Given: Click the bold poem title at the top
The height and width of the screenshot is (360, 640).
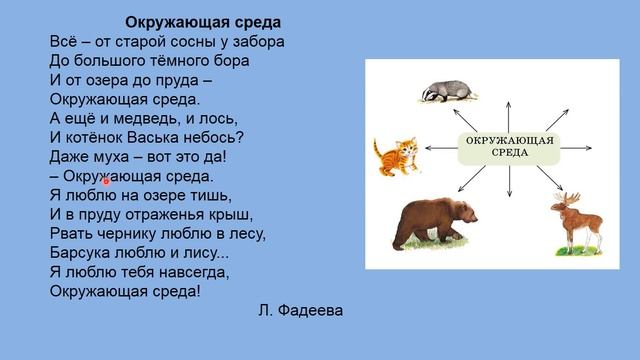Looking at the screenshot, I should (x=204, y=22).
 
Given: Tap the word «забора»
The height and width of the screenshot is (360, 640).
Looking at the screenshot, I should (x=261, y=42).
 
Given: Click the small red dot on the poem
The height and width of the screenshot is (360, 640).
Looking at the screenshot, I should (x=106, y=181).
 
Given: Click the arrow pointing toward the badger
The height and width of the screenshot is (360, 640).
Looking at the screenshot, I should (x=483, y=105).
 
